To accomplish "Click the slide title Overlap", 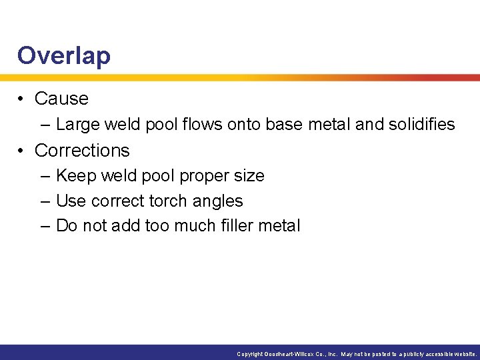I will click(64, 55).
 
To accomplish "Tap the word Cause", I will click(61, 99).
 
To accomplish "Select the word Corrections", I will click(82, 150).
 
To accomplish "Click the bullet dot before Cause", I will click(22, 99).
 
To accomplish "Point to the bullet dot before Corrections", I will click(22, 150).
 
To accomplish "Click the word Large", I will click(76, 125).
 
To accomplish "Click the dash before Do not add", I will click(45, 227).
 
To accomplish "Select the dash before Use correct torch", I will click(45, 201).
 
